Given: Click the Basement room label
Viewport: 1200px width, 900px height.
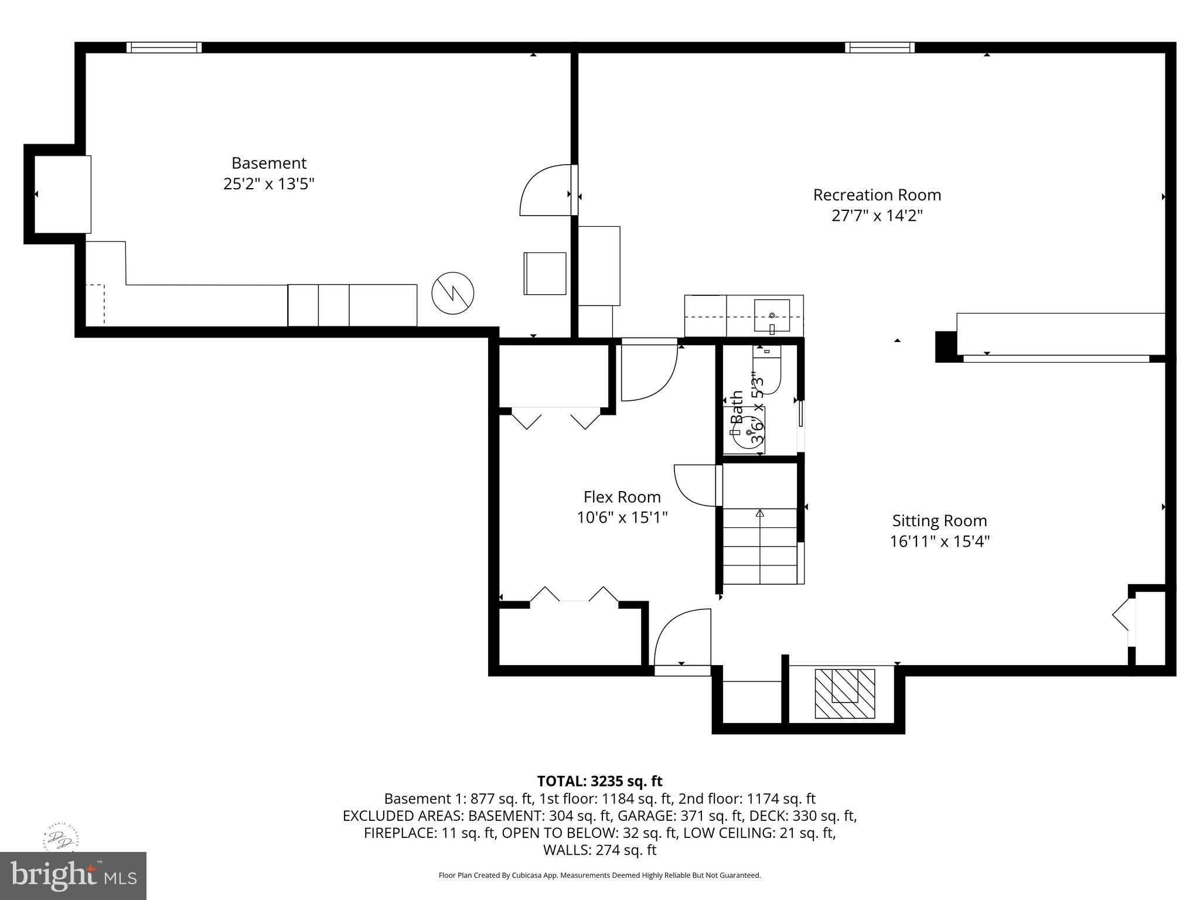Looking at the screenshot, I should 269,163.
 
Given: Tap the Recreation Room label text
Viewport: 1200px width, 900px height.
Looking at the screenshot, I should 877,195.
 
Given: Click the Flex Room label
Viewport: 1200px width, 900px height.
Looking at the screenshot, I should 622,497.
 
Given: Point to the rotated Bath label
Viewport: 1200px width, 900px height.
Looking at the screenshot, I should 737,407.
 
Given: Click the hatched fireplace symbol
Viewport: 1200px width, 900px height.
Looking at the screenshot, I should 845,693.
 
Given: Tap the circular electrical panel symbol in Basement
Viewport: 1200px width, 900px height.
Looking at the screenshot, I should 452,292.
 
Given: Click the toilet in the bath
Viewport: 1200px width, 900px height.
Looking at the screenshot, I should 769,370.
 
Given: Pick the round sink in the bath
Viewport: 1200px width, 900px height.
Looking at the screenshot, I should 749,432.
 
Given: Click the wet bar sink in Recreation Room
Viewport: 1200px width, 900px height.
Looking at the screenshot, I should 772,316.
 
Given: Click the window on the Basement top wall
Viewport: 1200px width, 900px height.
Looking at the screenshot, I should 164,47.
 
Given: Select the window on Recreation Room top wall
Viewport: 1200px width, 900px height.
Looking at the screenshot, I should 879,47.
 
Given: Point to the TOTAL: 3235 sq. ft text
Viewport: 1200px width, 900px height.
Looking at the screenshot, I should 599,781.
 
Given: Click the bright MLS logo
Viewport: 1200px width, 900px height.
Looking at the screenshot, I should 73,875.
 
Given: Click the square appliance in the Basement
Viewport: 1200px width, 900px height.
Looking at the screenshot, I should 544,273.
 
